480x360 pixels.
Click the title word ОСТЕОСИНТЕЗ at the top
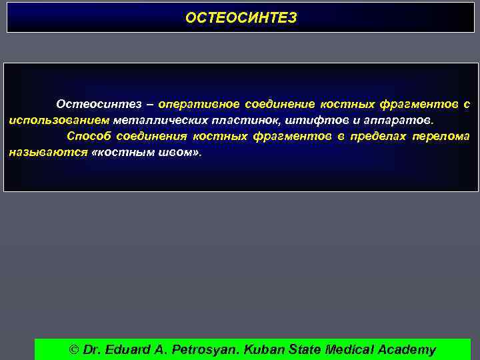coord(241,18)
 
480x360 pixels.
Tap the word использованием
coord(59,121)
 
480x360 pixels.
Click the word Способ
coord(88,137)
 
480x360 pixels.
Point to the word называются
coord(48,152)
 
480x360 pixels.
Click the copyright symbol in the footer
coord(74,349)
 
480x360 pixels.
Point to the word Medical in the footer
coord(349,349)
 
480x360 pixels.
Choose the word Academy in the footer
coord(407,349)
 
